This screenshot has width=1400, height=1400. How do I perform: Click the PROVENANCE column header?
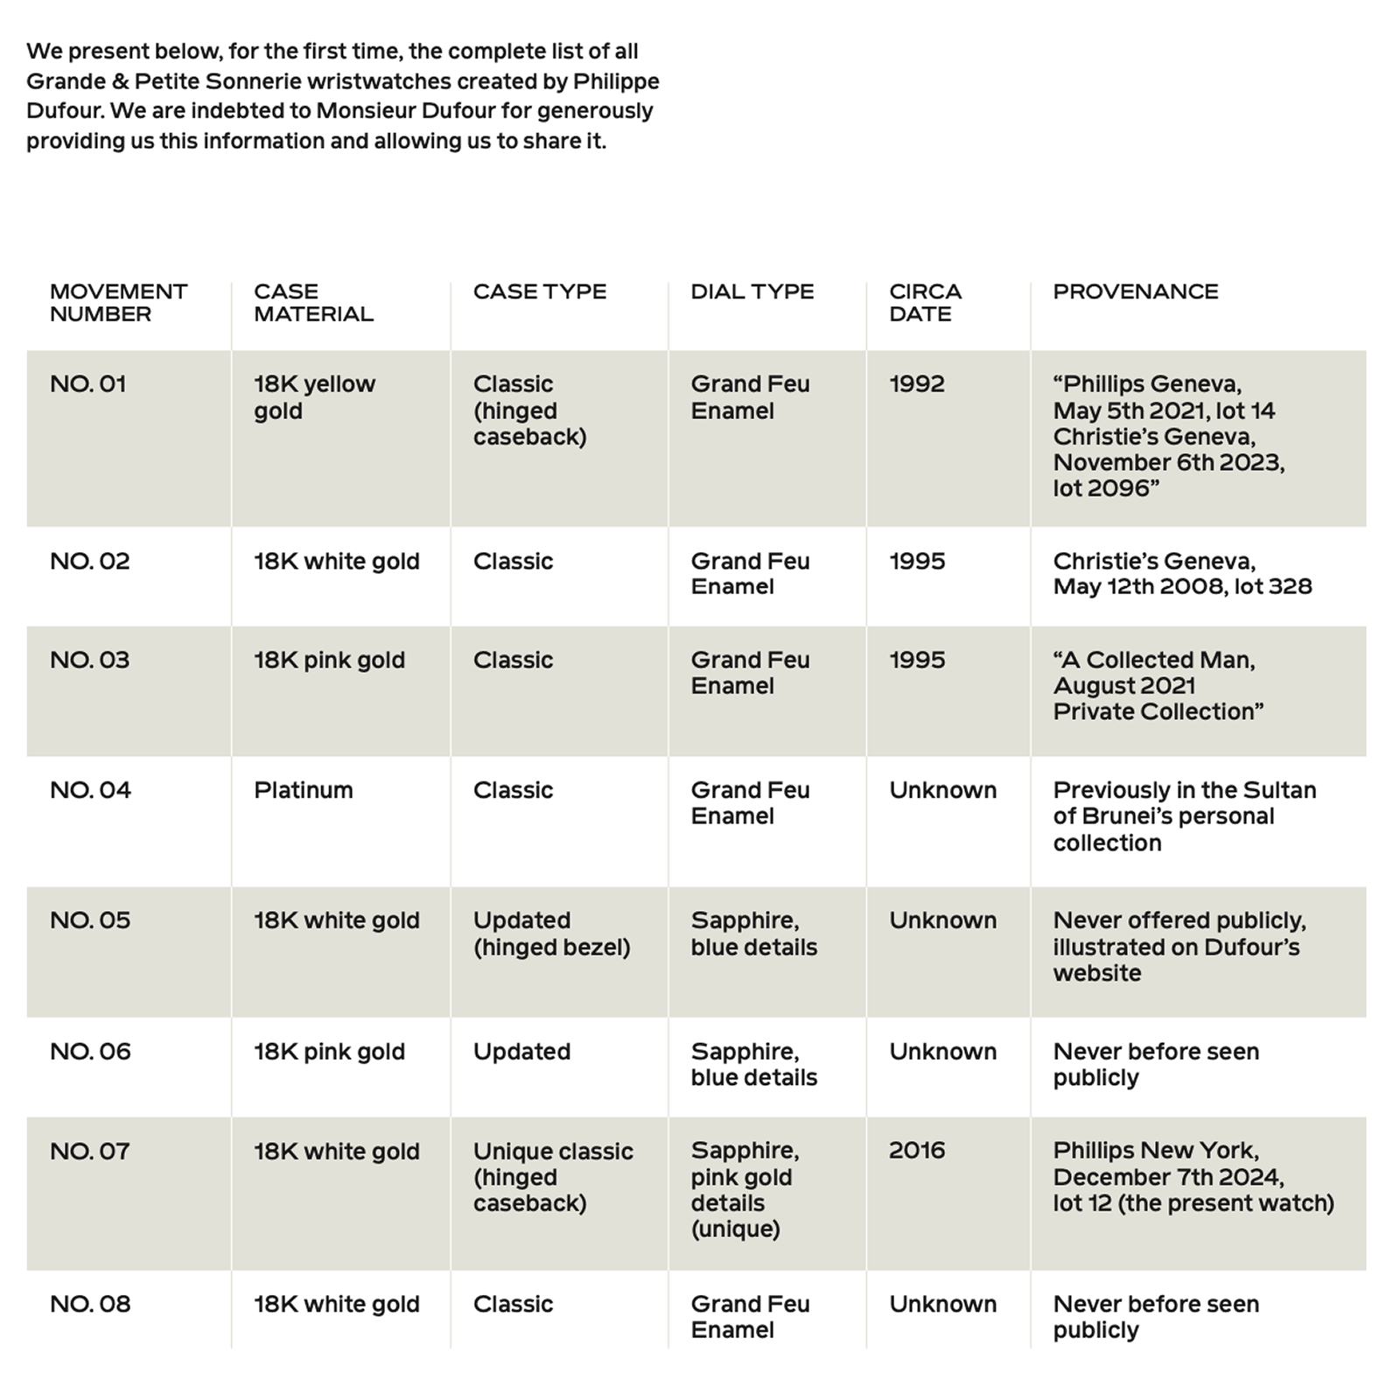tap(1135, 291)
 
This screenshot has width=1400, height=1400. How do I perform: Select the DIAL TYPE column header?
tap(752, 291)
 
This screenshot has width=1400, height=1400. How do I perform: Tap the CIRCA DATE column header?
tap(925, 303)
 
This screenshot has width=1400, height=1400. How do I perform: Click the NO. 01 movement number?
tap(88, 384)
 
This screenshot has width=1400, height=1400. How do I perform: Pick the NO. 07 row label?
tap(89, 1151)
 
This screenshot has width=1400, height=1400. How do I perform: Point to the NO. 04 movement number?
tap(90, 790)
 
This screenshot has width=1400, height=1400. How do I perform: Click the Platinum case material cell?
tap(303, 790)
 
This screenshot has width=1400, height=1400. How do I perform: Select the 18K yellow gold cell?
tap(314, 397)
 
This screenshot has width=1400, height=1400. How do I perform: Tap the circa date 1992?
tap(916, 384)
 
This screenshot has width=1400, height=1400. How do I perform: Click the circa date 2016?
tap(916, 1151)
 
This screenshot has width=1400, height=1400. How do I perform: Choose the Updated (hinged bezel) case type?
tap(551, 934)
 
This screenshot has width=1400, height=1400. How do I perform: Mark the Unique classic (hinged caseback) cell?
tap(552, 1177)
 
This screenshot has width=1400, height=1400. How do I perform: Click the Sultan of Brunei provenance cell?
tap(1184, 816)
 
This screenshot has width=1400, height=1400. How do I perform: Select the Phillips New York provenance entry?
tap(1193, 1177)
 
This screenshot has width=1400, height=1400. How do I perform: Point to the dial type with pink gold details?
tap(745, 1190)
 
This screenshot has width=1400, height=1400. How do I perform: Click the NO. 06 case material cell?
tap(329, 1052)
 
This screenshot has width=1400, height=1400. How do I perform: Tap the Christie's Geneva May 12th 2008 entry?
tap(1181, 574)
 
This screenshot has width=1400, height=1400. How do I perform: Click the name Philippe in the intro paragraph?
tap(616, 81)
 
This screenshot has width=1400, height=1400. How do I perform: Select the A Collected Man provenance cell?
tap(1158, 686)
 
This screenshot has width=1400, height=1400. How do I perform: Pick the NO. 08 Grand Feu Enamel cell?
tap(750, 1317)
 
